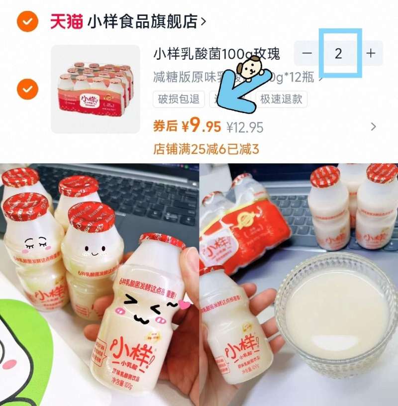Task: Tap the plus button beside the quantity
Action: tap(371, 53)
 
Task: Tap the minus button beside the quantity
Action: tap(307, 53)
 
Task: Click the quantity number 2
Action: tap(339, 53)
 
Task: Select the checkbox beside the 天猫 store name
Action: tap(27, 21)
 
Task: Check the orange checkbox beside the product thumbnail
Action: tap(27, 89)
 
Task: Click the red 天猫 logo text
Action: tap(67, 21)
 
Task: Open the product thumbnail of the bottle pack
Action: tap(96, 89)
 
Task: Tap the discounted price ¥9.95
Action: tap(201, 127)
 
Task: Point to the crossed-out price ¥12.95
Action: tap(245, 127)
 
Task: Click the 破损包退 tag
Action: tap(179, 99)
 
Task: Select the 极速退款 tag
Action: tap(281, 99)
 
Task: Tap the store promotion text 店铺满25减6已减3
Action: tap(206, 149)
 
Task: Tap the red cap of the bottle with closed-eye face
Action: tap(25, 205)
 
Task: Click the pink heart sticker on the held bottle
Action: tap(185, 304)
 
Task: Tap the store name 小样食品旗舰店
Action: tap(142, 21)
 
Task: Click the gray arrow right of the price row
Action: tap(374, 127)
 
